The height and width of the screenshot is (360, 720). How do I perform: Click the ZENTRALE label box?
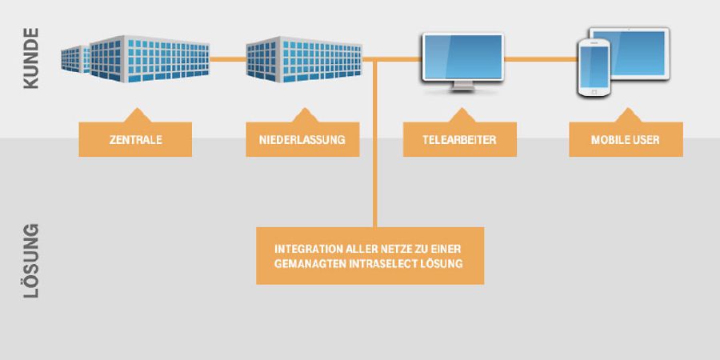[x=135, y=139]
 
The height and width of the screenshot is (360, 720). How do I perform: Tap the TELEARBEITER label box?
[x=460, y=139]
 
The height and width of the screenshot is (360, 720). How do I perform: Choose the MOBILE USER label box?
[x=626, y=139]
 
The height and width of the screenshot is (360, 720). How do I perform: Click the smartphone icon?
[x=594, y=68]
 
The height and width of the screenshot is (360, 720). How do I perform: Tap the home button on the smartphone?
[x=594, y=92]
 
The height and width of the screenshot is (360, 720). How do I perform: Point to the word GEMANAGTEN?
[x=303, y=263]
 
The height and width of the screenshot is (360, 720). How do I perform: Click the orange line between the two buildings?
[x=227, y=58]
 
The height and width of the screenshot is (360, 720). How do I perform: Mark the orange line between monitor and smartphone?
[x=540, y=58]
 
